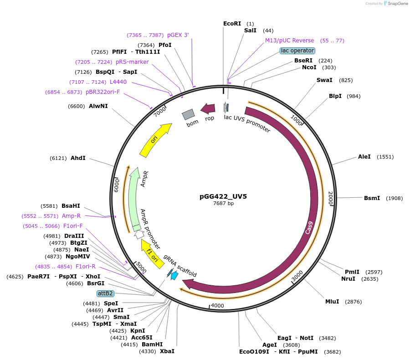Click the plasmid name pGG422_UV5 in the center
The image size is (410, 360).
[x=223, y=196]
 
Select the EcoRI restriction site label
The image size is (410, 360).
[x=232, y=23]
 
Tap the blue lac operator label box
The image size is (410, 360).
[x=297, y=51]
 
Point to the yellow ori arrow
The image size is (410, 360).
[x=155, y=140]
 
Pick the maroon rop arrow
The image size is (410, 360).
[x=209, y=108]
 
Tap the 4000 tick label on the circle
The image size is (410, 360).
[x=218, y=305]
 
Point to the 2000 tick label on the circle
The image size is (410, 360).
[x=331, y=199]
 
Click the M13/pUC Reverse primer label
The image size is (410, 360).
[x=290, y=41]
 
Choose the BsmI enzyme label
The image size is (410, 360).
[x=372, y=198]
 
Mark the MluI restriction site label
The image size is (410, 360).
[x=332, y=302]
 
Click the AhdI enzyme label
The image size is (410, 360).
[x=78, y=158]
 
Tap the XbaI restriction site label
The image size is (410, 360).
[x=167, y=351]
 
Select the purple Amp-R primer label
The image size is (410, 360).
[x=71, y=216]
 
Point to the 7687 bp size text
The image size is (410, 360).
[x=223, y=203]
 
